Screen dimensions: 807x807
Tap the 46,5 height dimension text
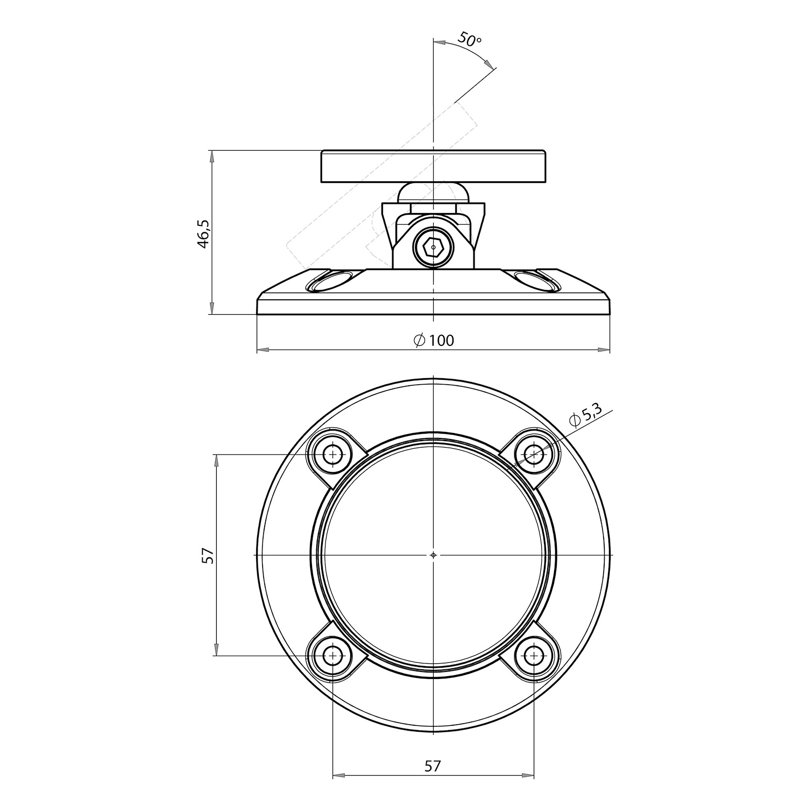coord(203,233)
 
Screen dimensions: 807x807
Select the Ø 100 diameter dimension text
coord(434,340)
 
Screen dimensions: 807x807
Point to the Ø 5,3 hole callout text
coord(584,415)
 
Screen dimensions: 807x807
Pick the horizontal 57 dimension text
coord(433,766)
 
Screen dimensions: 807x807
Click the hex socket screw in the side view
coord(433,248)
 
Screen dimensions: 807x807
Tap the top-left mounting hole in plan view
coord(333,455)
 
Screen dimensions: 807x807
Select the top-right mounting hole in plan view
coord(534,455)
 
